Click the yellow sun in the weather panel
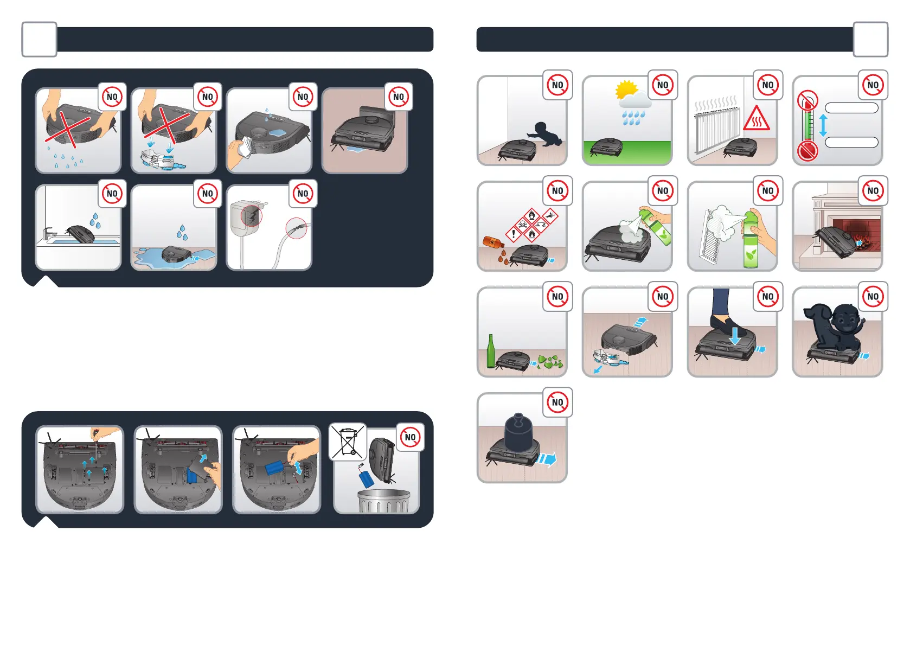[626, 90]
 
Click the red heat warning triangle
[756, 118]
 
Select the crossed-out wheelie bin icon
[347, 442]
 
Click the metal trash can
[384, 501]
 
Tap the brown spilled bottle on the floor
[493, 242]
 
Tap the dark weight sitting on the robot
[518, 434]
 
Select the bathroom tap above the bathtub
[48, 233]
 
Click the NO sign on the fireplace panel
[873, 190]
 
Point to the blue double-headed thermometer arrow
[823, 125]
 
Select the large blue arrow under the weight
[547, 459]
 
